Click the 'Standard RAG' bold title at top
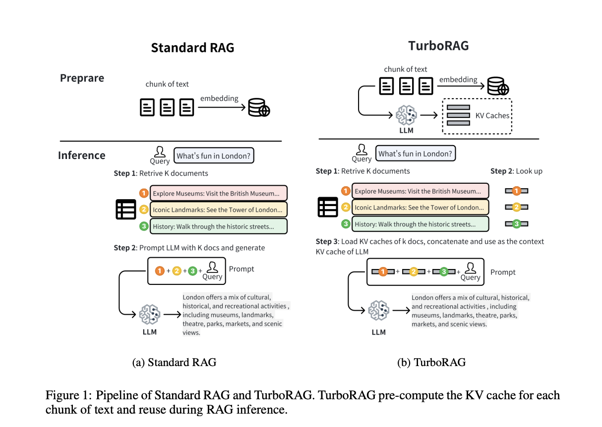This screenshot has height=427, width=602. pos(192,48)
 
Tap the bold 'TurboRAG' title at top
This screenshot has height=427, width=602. pos(438,46)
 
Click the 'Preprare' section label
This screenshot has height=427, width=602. pos(82,78)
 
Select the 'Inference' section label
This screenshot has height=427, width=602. pos(81,155)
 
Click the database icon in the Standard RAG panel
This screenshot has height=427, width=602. pos(259,107)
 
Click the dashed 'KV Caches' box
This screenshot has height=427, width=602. pos(477,115)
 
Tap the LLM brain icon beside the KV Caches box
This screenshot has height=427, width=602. pos(406,115)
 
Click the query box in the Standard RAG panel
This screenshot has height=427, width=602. pos(214,156)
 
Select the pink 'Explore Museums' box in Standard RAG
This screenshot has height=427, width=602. pos(218,193)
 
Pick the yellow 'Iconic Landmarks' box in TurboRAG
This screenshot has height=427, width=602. pos(420,207)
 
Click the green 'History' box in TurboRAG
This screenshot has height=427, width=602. pos(420,224)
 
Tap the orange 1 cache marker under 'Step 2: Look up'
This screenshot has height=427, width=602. pos(516,191)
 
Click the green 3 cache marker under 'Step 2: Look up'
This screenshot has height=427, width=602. pos(516,224)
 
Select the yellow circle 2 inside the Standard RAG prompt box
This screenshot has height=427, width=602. pos(177,271)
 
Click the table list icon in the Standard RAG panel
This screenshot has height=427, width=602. pos(125,209)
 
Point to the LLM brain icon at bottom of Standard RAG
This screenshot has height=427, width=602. pos(149,314)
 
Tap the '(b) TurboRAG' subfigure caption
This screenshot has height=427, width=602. pos(431,362)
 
